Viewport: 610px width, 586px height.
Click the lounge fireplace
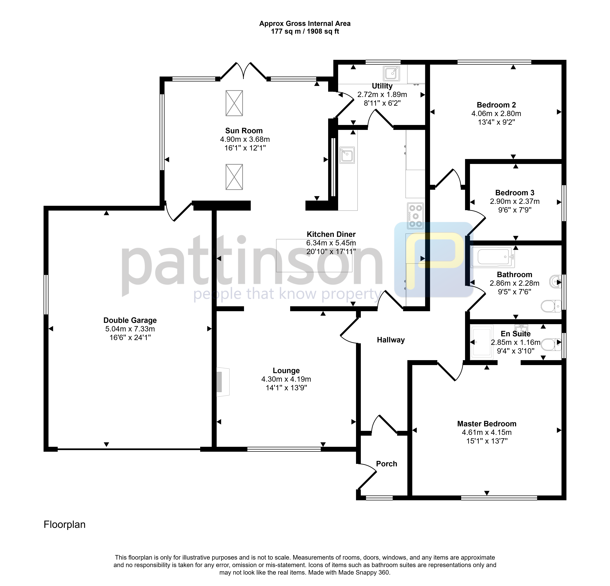pyautogui.click(x=223, y=382)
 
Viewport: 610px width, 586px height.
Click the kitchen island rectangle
pyautogui.click(x=314, y=256)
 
